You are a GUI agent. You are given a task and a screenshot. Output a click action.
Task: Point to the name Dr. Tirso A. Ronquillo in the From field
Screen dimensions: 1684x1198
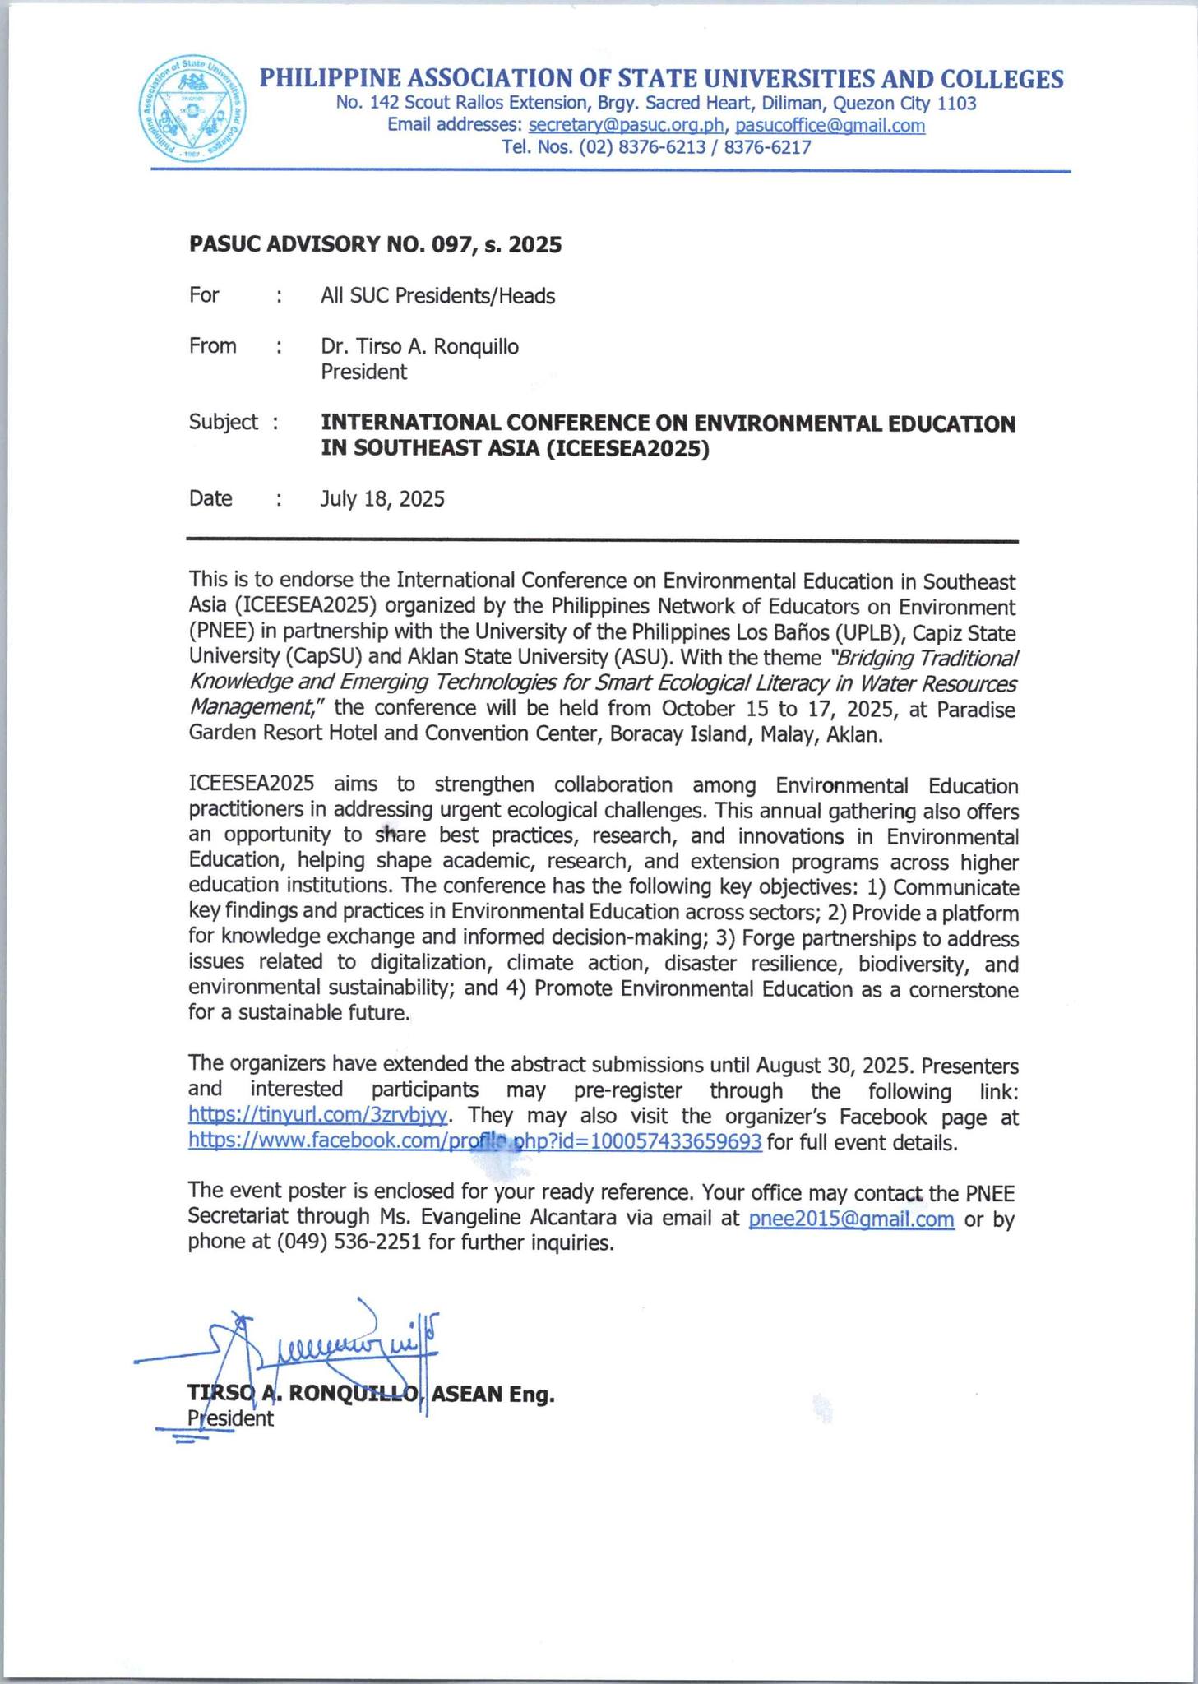419,346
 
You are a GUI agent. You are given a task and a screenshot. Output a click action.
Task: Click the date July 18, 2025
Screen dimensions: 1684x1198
382,498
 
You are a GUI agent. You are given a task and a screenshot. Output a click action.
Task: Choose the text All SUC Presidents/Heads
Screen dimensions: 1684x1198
437,296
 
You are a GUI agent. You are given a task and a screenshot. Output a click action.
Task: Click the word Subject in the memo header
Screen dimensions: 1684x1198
223,422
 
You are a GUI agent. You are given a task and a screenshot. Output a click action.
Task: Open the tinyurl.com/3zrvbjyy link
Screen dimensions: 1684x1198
318,1115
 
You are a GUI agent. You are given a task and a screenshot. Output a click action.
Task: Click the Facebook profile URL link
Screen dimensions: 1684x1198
474,1141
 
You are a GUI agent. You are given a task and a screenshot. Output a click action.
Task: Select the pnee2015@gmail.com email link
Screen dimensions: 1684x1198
851,1218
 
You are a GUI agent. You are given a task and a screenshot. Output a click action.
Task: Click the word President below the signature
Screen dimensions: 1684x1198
231,1418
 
